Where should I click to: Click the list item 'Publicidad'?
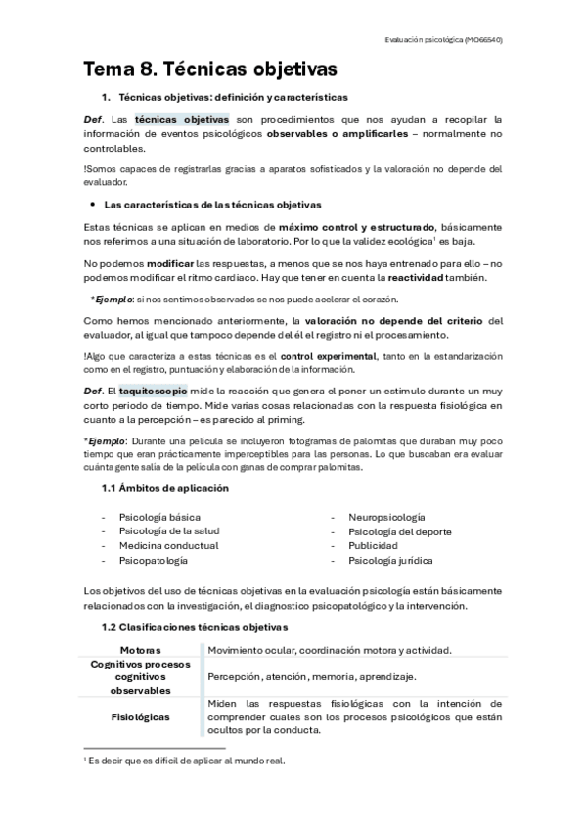(373, 545)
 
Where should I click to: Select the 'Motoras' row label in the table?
(140, 650)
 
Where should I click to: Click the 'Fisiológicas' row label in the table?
(140, 716)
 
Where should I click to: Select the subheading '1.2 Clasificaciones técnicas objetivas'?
(196, 626)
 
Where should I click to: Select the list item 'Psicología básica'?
(158, 516)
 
